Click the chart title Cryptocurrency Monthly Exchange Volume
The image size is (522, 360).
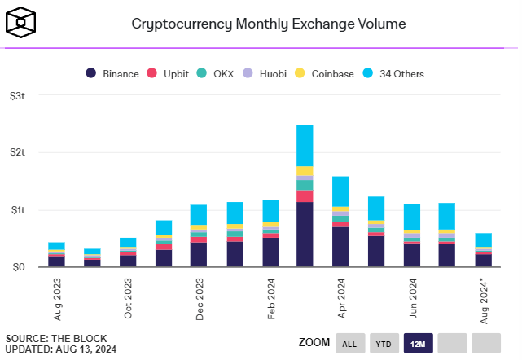point(269,23)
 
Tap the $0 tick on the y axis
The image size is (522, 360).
point(18,267)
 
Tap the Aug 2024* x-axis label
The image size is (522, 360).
point(483,298)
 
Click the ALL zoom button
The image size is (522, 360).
point(349,343)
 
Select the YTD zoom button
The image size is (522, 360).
point(384,343)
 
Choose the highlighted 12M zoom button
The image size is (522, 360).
point(418,343)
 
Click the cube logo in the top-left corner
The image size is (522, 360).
point(20,23)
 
